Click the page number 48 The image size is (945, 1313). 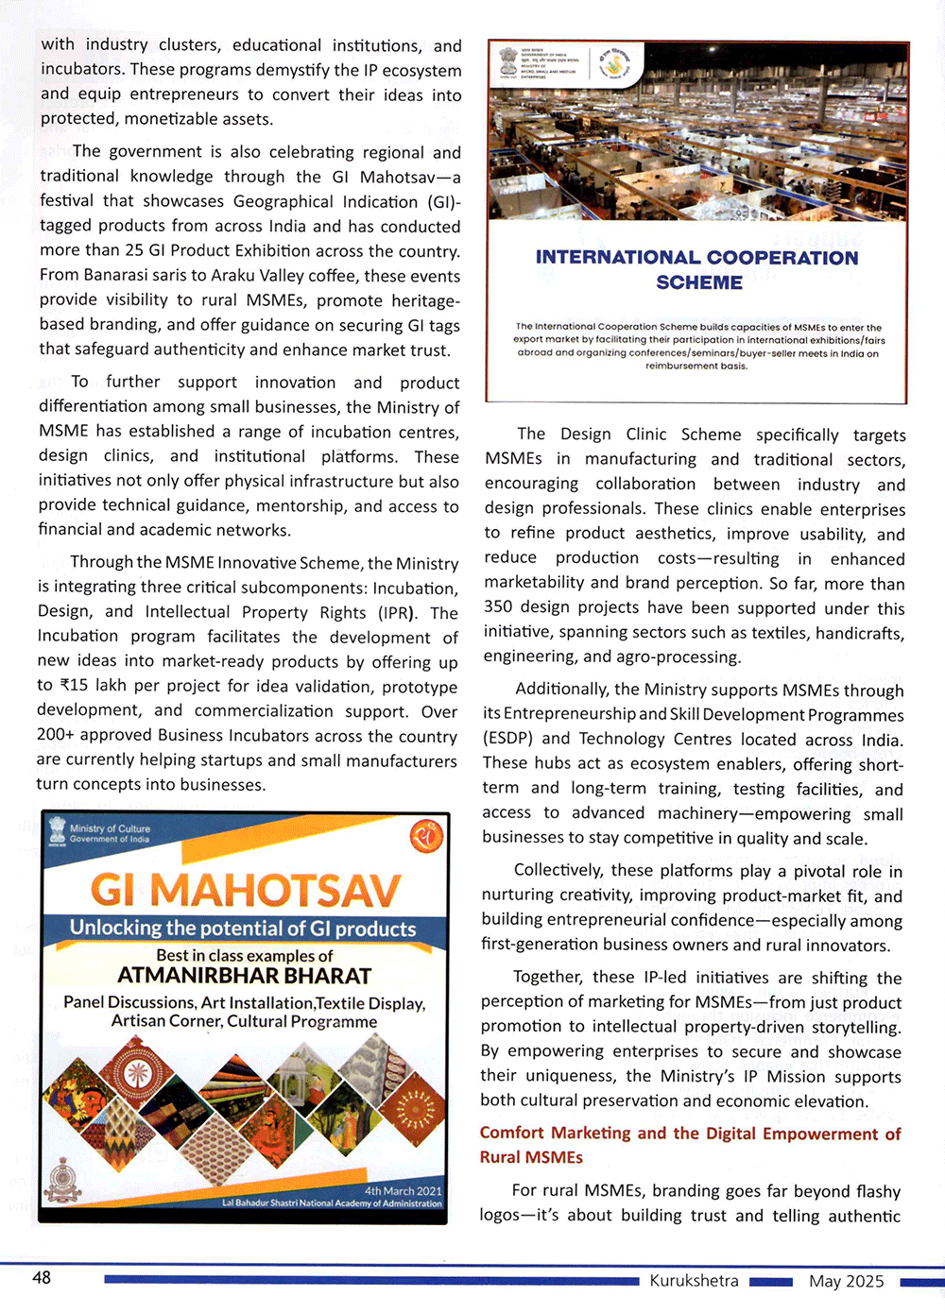coord(42,1277)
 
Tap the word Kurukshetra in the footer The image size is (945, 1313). coord(694,1281)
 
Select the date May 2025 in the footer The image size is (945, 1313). coord(846,1281)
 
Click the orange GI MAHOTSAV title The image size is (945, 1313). coord(246,890)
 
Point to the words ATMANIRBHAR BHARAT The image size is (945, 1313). coord(244,976)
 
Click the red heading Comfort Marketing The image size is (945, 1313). coord(690,1144)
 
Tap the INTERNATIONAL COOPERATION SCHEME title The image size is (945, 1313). coord(697,269)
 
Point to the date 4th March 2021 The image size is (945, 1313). coord(403,1190)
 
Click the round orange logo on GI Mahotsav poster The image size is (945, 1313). coord(426,836)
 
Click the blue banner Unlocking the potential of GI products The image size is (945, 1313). coord(243,929)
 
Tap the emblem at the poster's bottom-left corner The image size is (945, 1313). coord(63,1182)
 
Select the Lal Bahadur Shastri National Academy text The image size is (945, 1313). coord(332,1203)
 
